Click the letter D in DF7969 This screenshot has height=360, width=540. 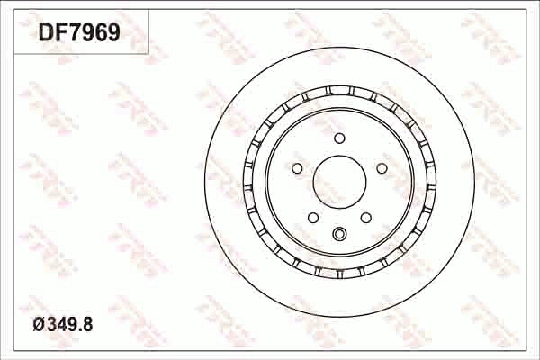(45, 33)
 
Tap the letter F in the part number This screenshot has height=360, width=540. (59, 33)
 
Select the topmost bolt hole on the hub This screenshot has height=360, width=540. (339, 138)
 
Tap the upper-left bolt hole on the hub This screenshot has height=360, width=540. (297, 168)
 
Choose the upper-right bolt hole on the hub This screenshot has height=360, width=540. (382, 168)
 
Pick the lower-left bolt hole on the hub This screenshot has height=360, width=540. (313, 218)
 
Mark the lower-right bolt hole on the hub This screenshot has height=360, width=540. (365, 218)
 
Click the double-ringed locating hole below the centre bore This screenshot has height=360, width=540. (339, 236)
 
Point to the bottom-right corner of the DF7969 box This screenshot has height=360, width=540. (148, 53)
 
